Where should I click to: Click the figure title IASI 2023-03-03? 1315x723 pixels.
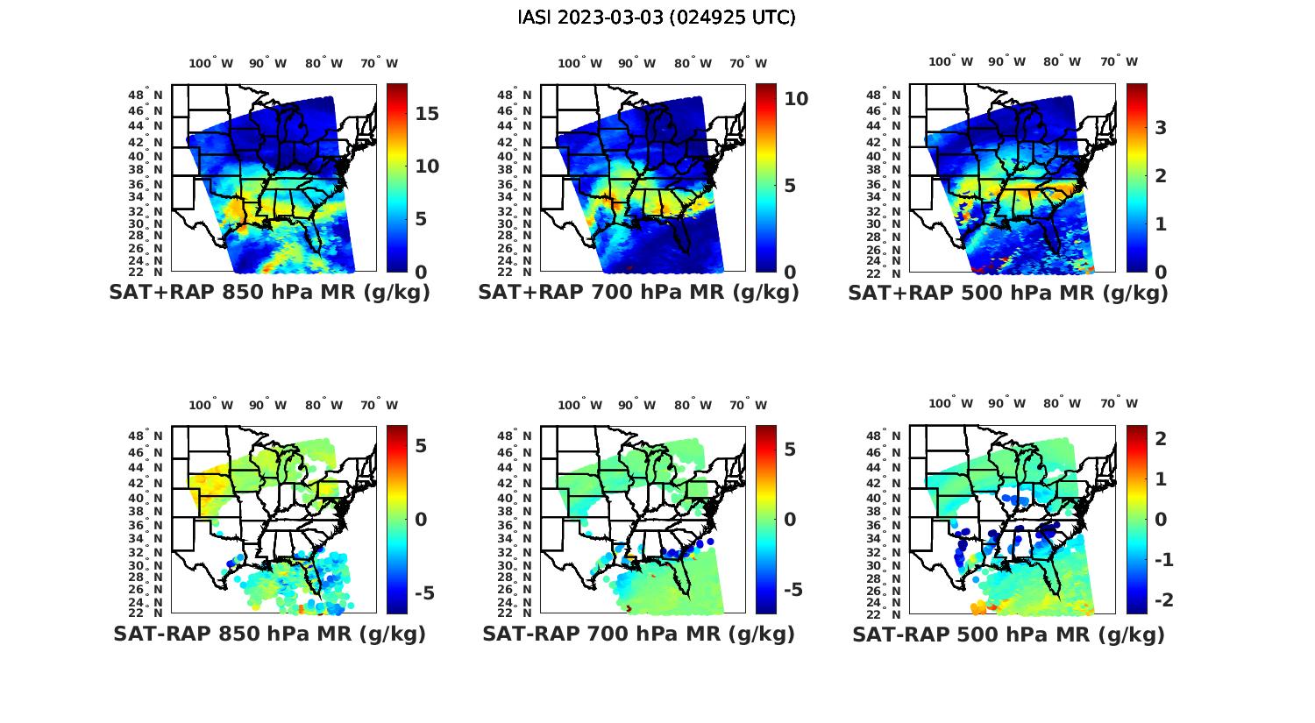tap(657, 18)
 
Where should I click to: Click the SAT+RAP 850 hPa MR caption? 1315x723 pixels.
tap(269, 293)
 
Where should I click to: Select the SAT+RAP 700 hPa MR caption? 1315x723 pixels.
tap(638, 293)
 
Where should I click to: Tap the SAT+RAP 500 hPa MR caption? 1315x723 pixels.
tap(1008, 293)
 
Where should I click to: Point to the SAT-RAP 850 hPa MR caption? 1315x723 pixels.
tap(269, 634)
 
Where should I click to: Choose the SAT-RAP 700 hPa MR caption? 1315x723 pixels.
tap(638, 634)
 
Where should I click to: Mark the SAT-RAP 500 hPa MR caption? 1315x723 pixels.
tap(1008, 634)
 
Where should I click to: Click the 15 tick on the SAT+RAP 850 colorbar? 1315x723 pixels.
tap(427, 114)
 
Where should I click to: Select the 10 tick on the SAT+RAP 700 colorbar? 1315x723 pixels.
tap(796, 99)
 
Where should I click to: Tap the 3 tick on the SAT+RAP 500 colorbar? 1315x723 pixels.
tap(1161, 128)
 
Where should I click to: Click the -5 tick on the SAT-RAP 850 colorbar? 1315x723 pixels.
tap(423, 593)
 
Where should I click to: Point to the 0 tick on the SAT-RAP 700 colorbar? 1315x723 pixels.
tap(790, 520)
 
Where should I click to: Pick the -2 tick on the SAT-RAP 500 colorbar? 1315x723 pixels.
tap(1164, 600)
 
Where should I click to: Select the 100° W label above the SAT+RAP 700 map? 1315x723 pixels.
tap(579, 63)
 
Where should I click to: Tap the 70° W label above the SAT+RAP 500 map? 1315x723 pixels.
tap(1119, 61)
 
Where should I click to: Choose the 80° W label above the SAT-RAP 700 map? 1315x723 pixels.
tap(693, 405)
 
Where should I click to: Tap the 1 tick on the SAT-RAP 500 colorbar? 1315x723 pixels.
tap(1161, 478)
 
